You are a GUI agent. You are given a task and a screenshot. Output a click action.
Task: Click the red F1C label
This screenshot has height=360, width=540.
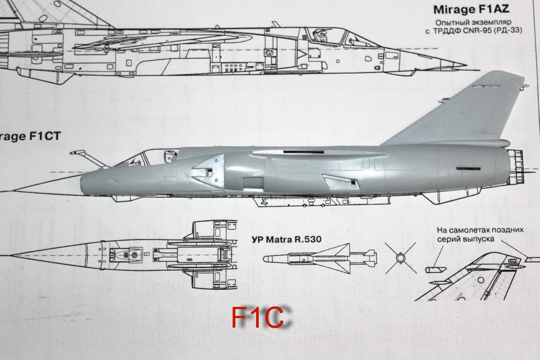(x=258, y=317)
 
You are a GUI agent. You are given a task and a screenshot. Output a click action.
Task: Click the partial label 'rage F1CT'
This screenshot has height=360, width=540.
(x=30, y=137)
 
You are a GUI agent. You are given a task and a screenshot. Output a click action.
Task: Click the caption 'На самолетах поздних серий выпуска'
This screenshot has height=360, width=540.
(x=480, y=234)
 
